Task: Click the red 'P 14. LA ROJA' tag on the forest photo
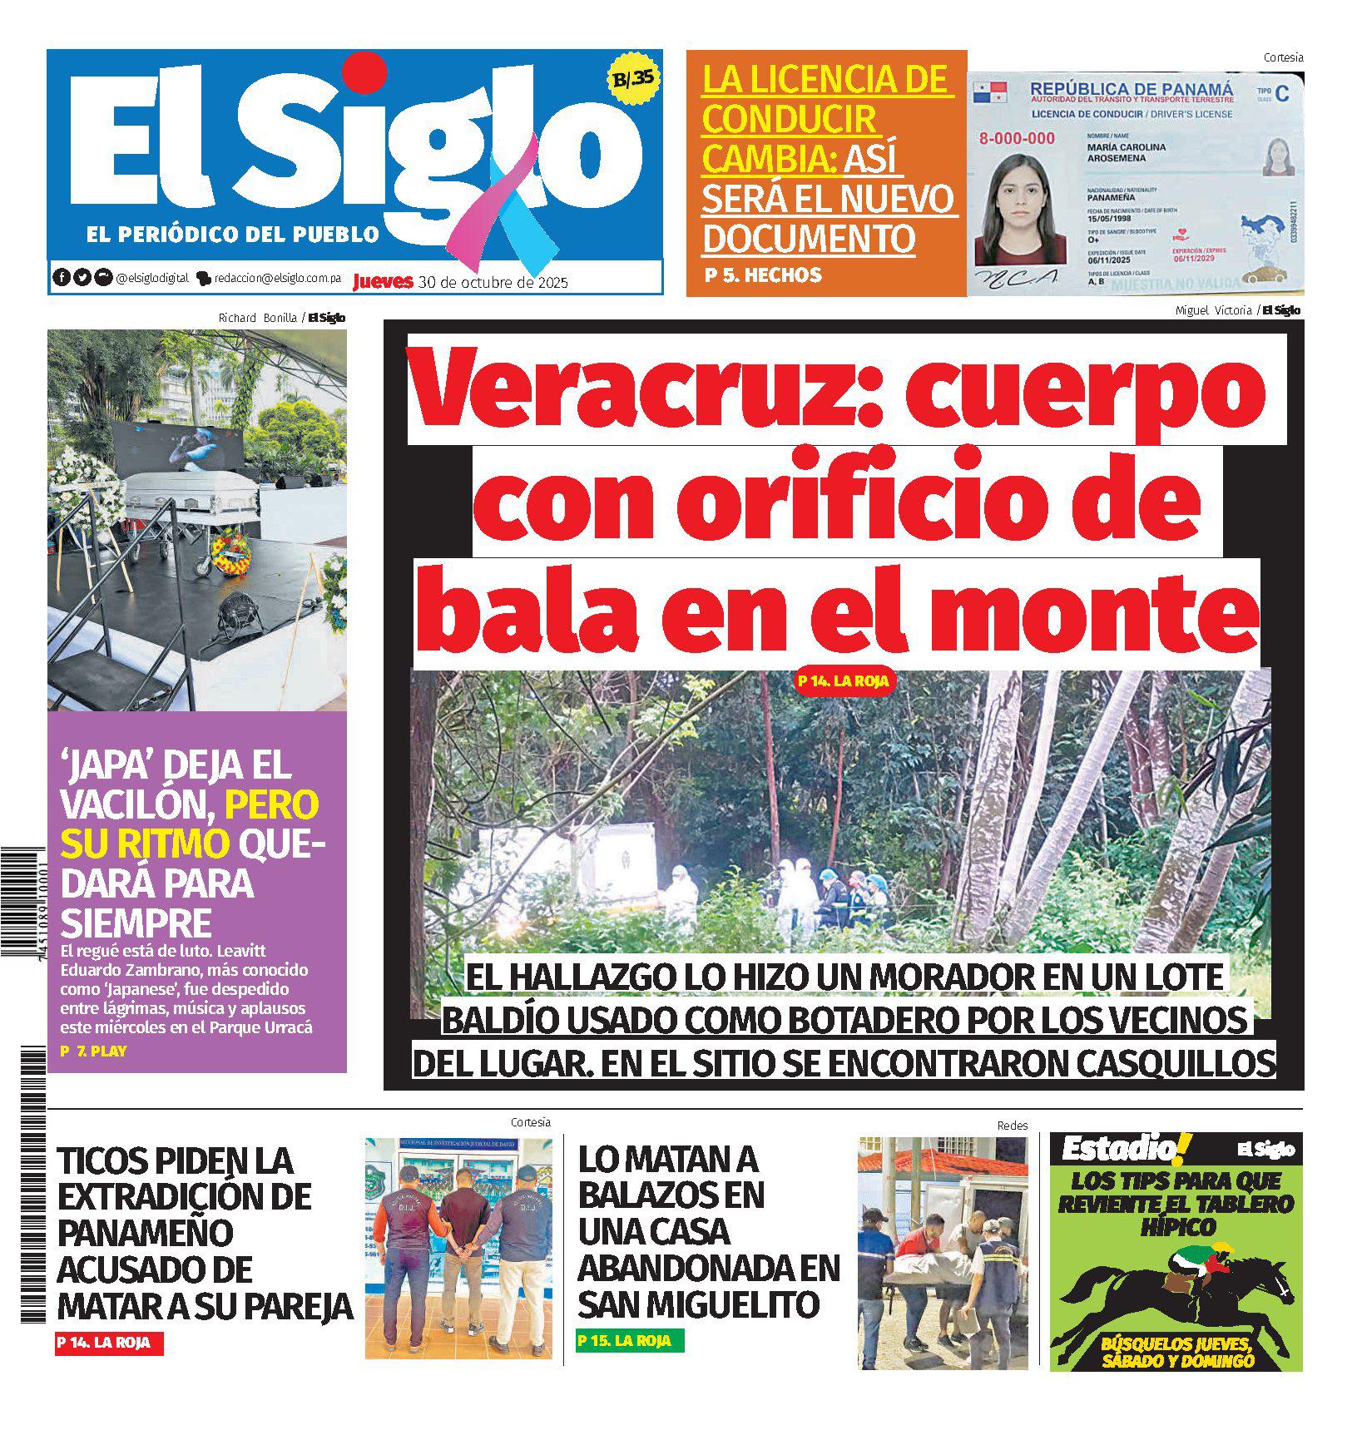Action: point(843,681)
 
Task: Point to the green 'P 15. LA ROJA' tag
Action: point(629,1341)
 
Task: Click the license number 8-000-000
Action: point(1016,139)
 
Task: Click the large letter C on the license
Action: point(1281,94)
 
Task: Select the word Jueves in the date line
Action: point(383,281)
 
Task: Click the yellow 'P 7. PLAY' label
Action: point(93,1051)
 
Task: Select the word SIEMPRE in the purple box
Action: point(135,923)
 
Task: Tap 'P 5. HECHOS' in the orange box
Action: point(763,275)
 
